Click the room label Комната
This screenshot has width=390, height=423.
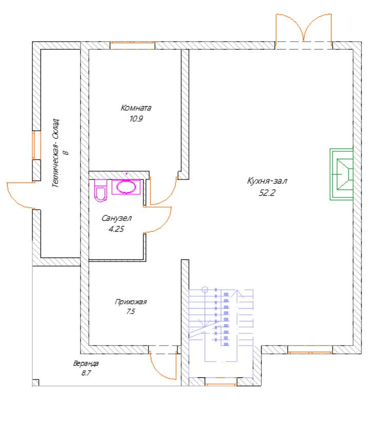pyautogui.click(x=136, y=108)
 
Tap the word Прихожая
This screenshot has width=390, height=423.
pyautogui.click(x=126, y=303)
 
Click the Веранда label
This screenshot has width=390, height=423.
pyautogui.click(x=86, y=364)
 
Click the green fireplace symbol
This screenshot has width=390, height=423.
pyautogui.click(x=341, y=174)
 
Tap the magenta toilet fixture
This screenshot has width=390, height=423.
pyautogui.click(x=100, y=191)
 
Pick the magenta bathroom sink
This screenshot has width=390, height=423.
pyautogui.click(x=125, y=187)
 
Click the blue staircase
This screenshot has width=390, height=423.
pyautogui.click(x=221, y=323)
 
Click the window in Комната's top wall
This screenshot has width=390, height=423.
pyautogui.click(x=132, y=46)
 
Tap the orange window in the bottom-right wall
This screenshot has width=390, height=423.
pyautogui.click(x=309, y=350)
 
